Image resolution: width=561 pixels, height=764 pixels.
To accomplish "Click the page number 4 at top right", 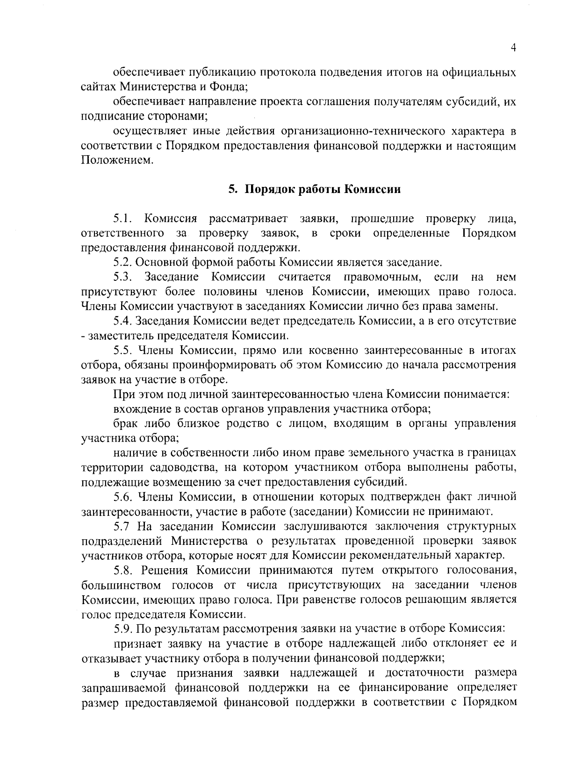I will click(x=513, y=48).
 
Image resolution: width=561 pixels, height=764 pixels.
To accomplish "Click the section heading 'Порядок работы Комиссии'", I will click(x=323, y=190).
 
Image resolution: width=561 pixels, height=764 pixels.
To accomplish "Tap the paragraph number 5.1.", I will click(x=123, y=218).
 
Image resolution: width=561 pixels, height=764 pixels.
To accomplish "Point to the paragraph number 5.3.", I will click(x=123, y=277).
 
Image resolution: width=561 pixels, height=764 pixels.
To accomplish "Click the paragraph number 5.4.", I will click(x=123, y=321).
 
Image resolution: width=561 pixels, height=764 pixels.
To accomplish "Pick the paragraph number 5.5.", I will click(x=123, y=350).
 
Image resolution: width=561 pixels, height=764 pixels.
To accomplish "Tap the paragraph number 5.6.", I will click(x=123, y=496).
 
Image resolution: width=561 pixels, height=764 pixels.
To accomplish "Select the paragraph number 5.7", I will click(x=122, y=526).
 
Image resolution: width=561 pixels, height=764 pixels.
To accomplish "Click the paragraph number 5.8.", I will click(x=123, y=570).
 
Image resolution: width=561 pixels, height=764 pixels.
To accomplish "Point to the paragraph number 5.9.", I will click(x=123, y=628).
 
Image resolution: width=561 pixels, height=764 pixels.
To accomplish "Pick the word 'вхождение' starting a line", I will click(x=138, y=409).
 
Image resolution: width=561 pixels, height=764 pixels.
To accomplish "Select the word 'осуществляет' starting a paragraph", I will click(x=148, y=131).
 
